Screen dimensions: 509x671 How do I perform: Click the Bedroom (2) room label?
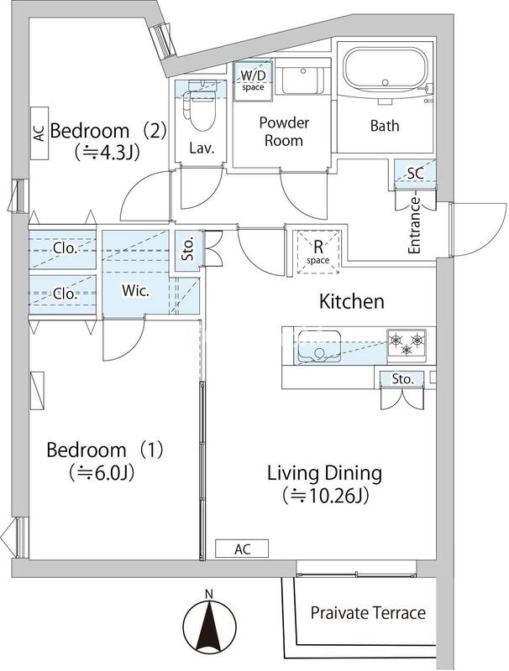click(x=108, y=131)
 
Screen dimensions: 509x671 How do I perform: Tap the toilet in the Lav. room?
click(x=201, y=105)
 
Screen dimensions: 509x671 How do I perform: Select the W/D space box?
click(x=253, y=81)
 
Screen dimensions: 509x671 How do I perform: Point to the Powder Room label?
click(x=284, y=132)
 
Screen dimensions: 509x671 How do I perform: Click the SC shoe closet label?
click(x=415, y=174)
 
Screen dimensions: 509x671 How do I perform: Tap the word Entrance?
click(x=414, y=225)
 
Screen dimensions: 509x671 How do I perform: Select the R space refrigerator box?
click(x=317, y=252)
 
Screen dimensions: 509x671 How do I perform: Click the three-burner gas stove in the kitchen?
click(x=407, y=344)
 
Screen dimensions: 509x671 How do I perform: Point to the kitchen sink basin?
click(x=319, y=346)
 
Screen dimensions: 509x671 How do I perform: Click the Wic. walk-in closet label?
click(x=135, y=291)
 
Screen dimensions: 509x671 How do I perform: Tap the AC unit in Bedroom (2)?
click(x=39, y=133)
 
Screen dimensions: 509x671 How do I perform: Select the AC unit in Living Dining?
click(x=242, y=549)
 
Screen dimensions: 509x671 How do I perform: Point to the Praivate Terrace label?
click(x=368, y=613)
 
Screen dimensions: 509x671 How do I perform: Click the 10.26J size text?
click(x=326, y=497)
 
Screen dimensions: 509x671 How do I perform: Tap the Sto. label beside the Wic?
click(x=188, y=249)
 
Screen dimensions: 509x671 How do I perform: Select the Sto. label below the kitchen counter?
click(x=403, y=379)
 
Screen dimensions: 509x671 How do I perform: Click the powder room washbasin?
click(x=302, y=80)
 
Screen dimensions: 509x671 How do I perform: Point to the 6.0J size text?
click(x=102, y=473)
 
